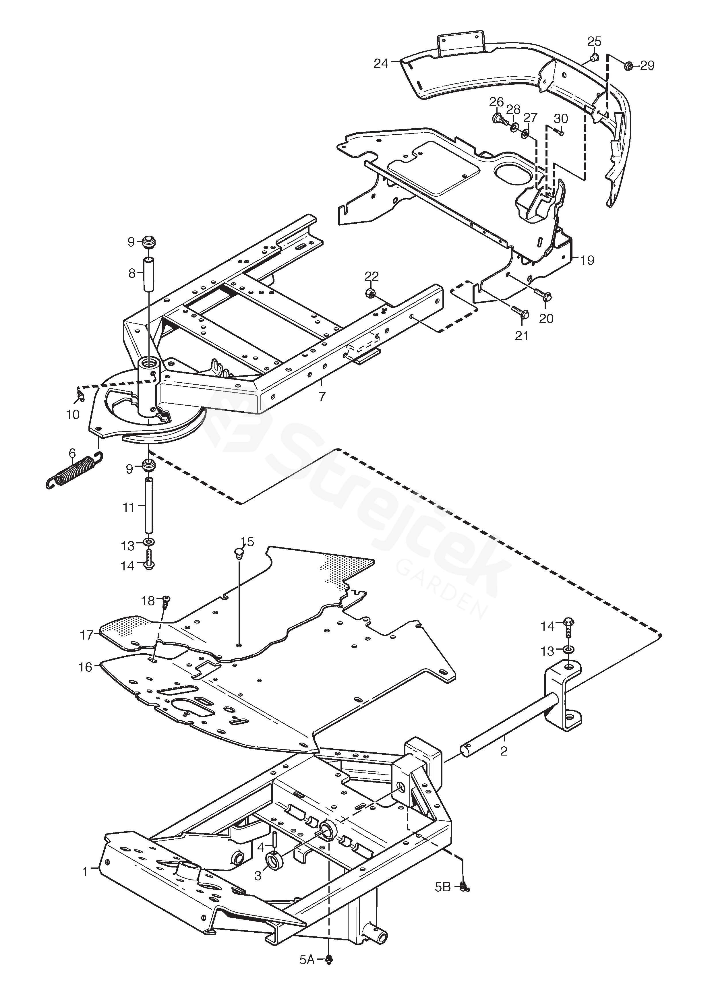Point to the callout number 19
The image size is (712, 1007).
[587, 261]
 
